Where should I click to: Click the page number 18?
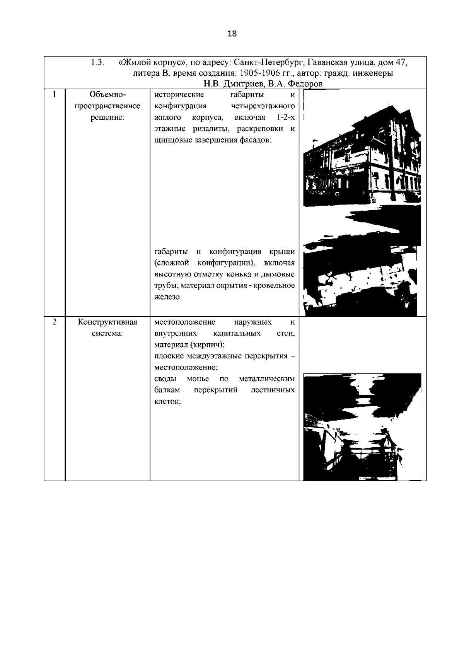(x=232, y=34)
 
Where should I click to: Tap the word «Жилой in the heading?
(x=134, y=62)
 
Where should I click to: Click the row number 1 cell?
(x=55, y=95)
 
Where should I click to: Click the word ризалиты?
(x=212, y=128)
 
